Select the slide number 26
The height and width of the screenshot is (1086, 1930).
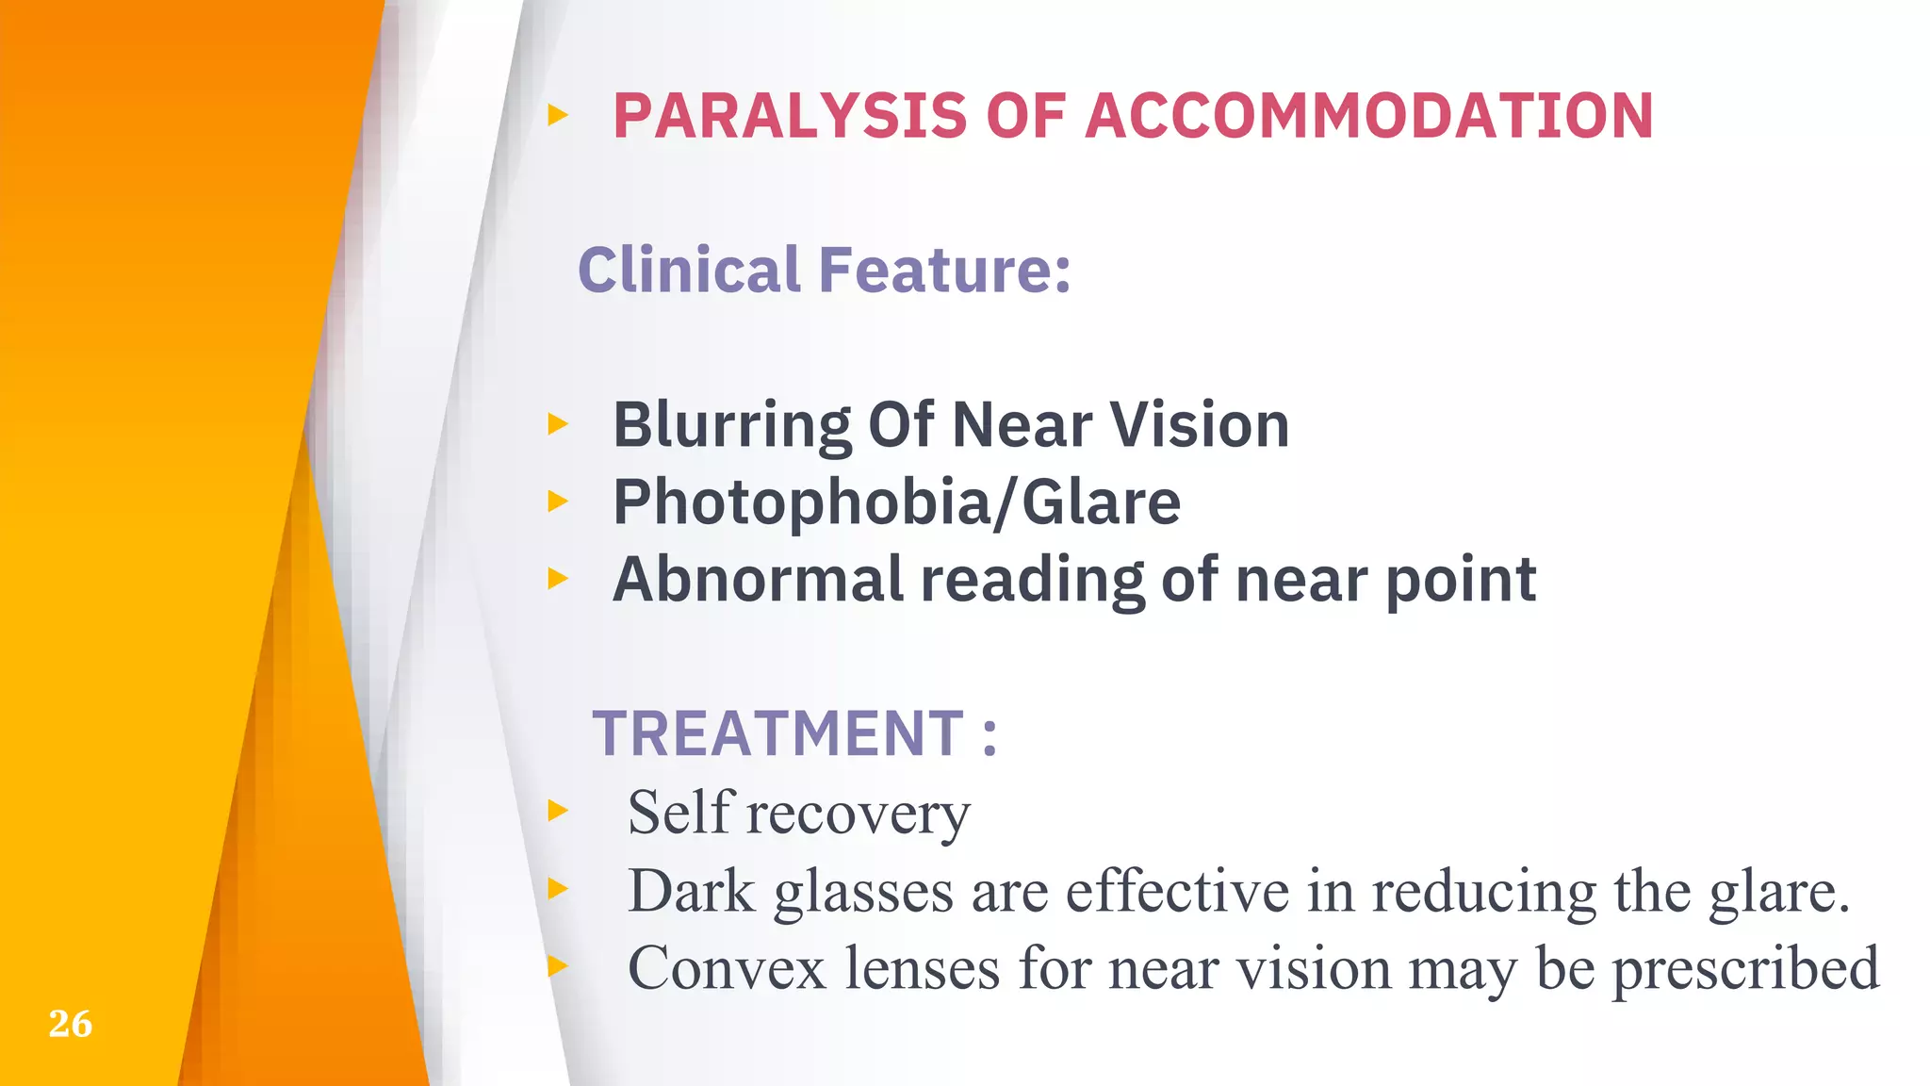pos(71,1024)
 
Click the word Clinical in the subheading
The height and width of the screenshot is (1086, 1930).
pos(689,270)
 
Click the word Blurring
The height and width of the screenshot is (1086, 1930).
pos(731,425)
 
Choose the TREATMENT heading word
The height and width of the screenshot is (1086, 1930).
pos(777,733)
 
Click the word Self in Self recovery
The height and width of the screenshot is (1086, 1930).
pos(680,812)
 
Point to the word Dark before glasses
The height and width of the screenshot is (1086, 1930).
pos(692,890)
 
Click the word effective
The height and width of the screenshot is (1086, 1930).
pos(1177,890)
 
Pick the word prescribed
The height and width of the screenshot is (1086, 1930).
pos(1745,970)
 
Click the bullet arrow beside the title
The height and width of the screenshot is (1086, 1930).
pos(558,116)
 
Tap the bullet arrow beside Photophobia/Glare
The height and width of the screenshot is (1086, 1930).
pos(558,502)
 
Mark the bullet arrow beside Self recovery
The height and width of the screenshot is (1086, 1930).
pos(558,810)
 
